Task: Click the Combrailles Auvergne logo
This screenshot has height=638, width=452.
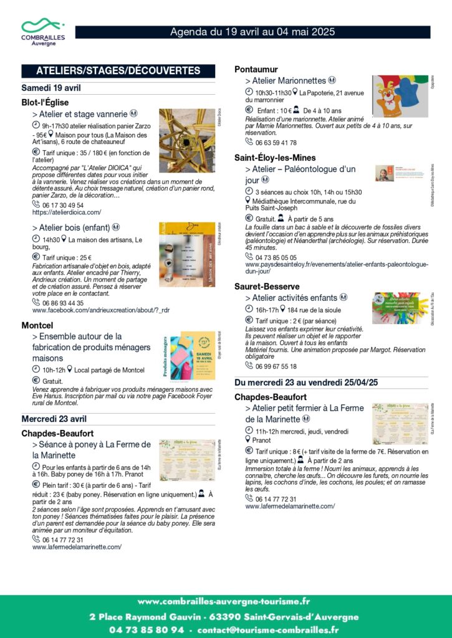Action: [x=43, y=31]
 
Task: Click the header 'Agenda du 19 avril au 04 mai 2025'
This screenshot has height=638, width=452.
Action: [x=252, y=32]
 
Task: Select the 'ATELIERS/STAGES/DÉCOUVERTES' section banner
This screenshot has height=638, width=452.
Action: [x=118, y=70]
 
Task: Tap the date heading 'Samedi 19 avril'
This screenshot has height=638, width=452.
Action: [x=51, y=88]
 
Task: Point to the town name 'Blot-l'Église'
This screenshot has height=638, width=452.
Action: [x=45, y=102]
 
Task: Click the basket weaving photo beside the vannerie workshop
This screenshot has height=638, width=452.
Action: [x=186, y=141]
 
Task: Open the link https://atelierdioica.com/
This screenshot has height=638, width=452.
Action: [x=67, y=212]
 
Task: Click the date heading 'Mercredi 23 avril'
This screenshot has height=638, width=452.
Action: [x=54, y=418]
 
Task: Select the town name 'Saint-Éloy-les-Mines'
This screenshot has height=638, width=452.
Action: [x=275, y=158]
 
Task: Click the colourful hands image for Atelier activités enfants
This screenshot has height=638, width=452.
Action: [x=400, y=308]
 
